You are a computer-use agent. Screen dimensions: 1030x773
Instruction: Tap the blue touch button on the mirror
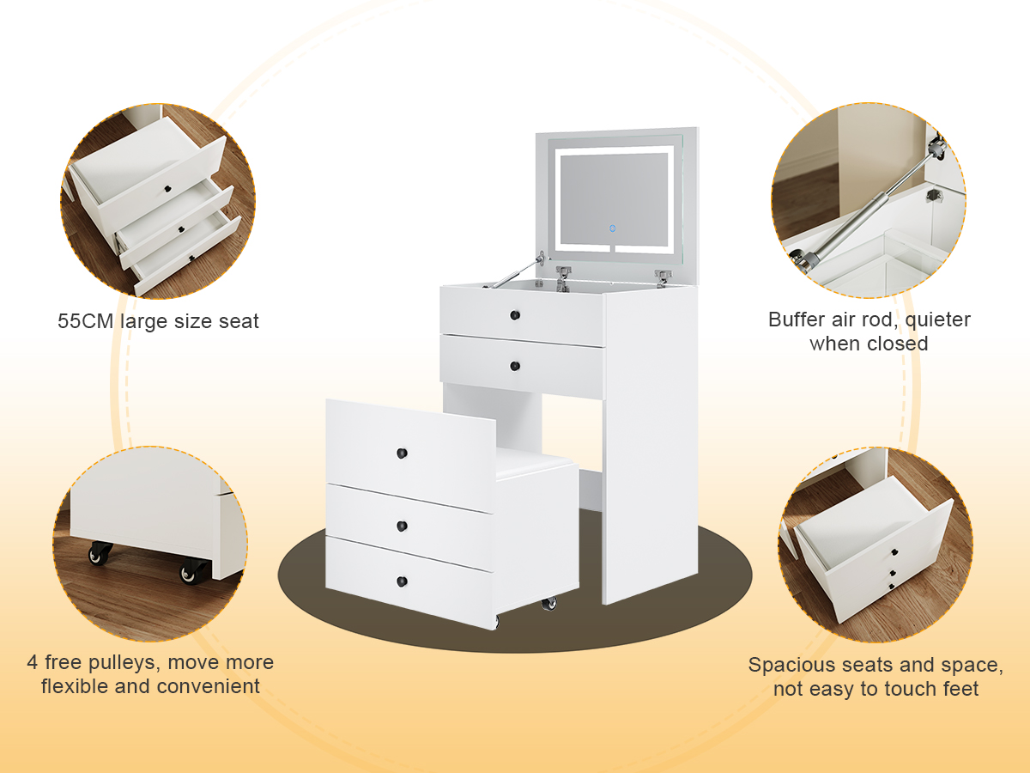[x=612, y=228]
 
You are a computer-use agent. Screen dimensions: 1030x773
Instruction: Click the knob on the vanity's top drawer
[x=515, y=315]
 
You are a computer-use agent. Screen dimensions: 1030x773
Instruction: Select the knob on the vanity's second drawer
[x=515, y=366]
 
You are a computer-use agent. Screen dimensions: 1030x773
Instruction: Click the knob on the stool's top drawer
[x=402, y=453]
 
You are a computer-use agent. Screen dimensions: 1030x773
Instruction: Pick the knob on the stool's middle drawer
[x=402, y=526]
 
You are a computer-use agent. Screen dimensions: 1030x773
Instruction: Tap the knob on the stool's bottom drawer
[x=402, y=581]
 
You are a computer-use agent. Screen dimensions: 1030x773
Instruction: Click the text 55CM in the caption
[x=85, y=321]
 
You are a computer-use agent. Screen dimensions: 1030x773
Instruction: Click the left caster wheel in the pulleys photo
[x=100, y=553]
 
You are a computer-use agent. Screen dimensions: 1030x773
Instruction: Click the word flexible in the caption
[x=75, y=686]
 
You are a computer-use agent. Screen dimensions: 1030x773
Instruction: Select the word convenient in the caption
[x=208, y=687]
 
